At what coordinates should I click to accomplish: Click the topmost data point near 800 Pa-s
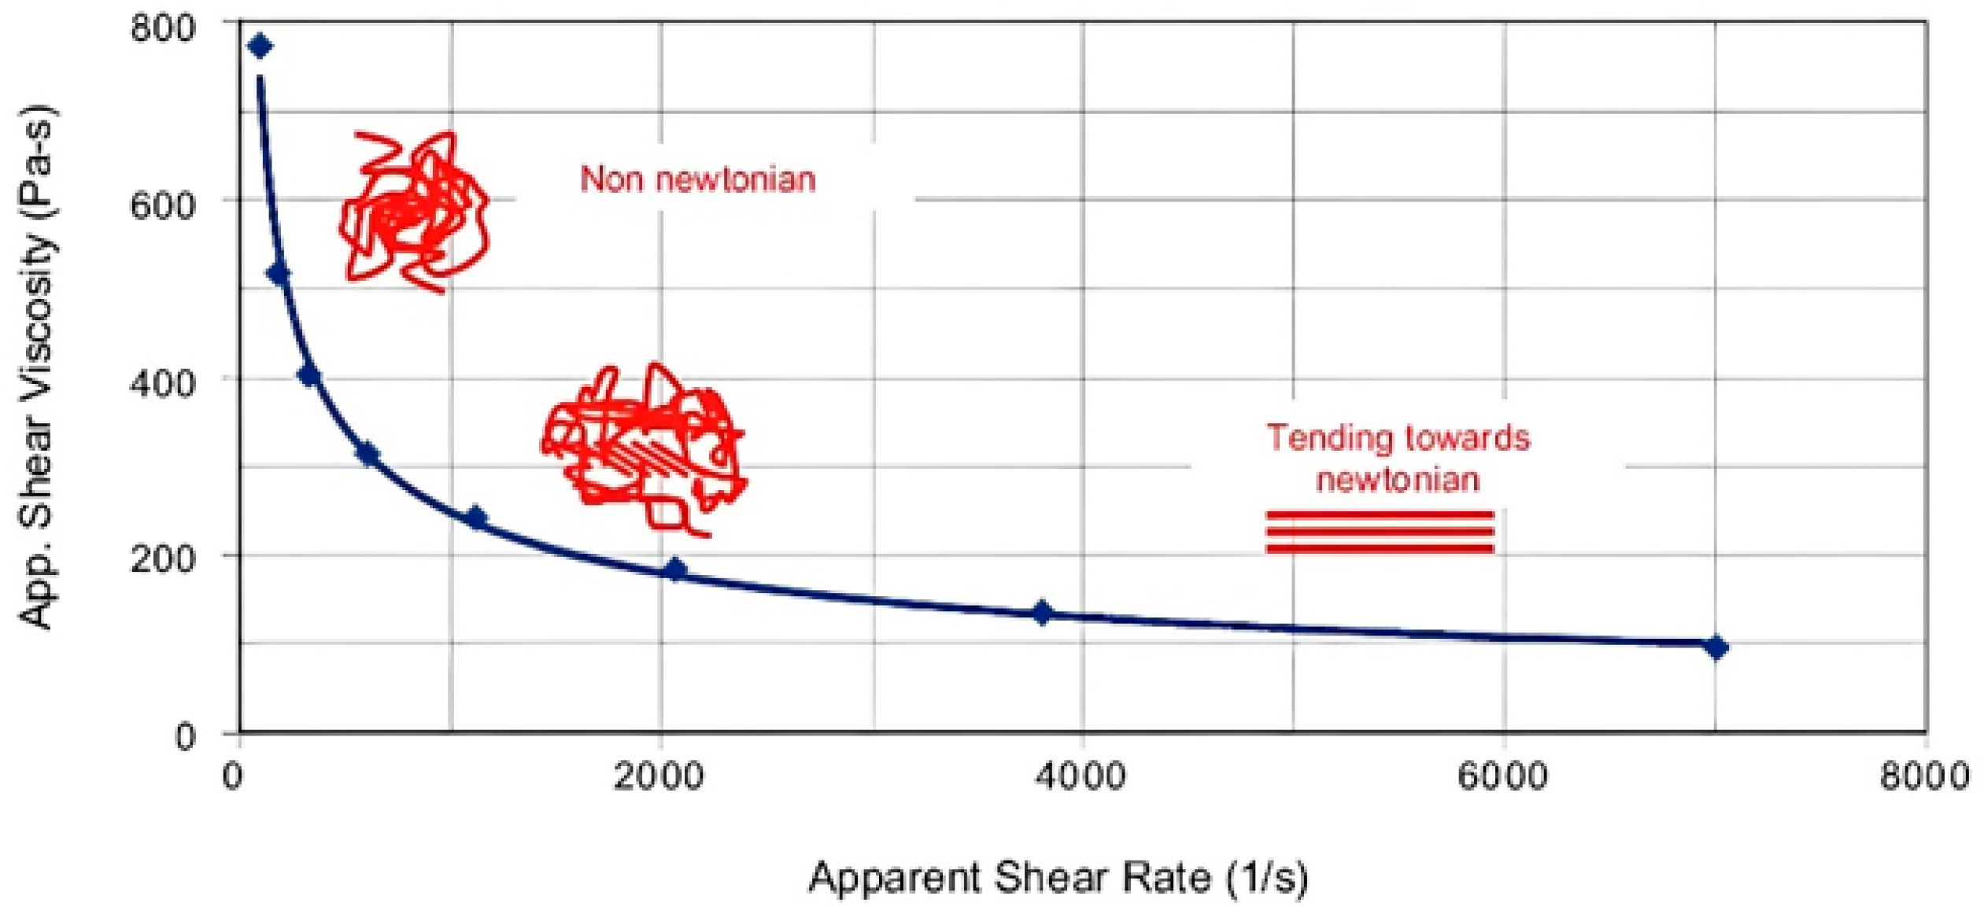(260, 46)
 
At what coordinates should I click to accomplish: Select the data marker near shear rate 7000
(1716, 647)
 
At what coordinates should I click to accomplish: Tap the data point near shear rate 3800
(1042, 612)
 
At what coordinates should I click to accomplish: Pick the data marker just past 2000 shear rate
(675, 570)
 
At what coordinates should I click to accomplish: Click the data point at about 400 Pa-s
(309, 374)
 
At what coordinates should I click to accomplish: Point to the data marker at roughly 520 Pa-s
(279, 274)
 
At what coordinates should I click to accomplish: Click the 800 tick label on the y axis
(161, 28)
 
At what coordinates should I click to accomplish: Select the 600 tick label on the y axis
(161, 206)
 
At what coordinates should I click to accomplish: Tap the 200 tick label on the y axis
(161, 559)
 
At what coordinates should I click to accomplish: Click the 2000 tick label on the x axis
(658, 776)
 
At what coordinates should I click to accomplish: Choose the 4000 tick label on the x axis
(1080, 776)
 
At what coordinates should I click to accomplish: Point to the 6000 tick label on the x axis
(1502, 776)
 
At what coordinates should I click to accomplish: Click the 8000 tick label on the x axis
(1923, 776)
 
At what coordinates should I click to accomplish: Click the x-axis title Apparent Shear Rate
(1058, 877)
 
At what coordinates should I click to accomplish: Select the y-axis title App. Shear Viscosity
(36, 367)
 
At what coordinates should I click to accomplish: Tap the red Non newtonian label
(697, 180)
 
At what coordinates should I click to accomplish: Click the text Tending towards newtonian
(1398, 458)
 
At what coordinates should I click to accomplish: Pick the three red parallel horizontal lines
(1379, 532)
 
